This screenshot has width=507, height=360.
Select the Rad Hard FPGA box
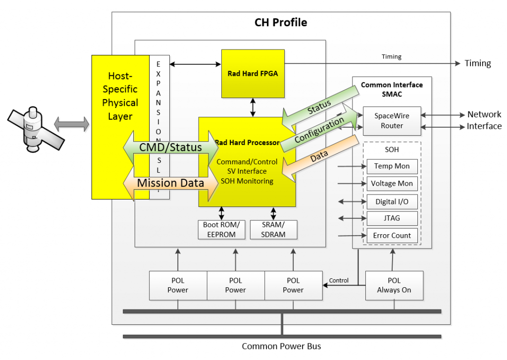point(253,73)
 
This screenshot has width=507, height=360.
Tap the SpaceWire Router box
point(392,121)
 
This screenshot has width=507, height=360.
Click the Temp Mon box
point(392,166)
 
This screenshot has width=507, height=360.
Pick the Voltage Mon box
point(392,184)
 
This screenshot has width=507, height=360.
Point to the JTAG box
point(392,218)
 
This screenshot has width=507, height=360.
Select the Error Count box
point(392,235)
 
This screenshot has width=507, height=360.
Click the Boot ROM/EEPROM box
point(221,229)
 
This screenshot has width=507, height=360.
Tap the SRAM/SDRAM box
point(273,229)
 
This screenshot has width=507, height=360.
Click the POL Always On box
point(394,285)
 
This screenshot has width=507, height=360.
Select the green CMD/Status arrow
point(170,147)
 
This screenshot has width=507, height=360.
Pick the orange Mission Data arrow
point(170,183)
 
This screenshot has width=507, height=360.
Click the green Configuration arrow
point(319,130)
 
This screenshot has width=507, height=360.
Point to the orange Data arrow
point(319,157)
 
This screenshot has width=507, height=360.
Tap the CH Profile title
point(281,22)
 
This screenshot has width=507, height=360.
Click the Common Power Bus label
point(281,346)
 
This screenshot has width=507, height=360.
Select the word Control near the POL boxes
point(339,280)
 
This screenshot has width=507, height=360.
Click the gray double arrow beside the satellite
point(72,124)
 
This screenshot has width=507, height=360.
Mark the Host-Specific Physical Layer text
point(120,96)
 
